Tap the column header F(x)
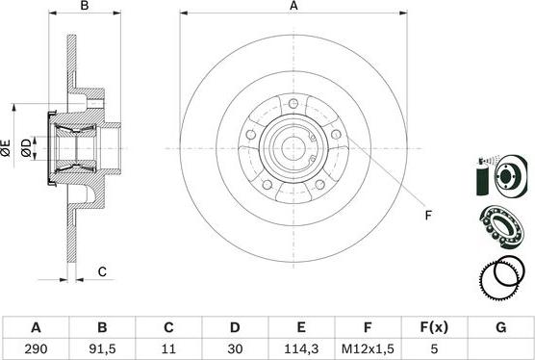point(434,327)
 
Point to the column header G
point(500,327)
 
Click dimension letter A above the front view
point(294,7)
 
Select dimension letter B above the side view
point(85,7)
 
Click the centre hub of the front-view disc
point(293,147)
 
